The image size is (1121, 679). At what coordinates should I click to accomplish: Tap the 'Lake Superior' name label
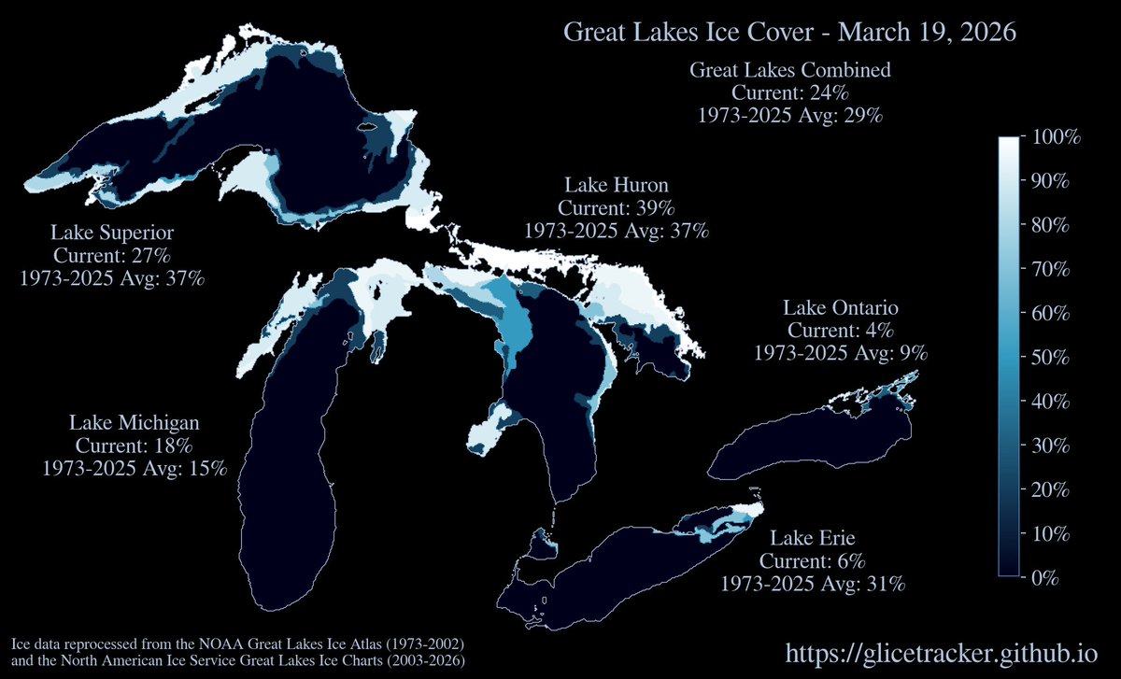pyautogui.click(x=112, y=232)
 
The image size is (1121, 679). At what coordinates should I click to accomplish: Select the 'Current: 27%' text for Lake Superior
pyautogui.click(x=112, y=255)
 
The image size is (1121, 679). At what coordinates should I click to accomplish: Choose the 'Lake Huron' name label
pyautogui.click(x=617, y=184)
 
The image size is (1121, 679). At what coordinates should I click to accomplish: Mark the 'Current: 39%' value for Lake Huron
pyautogui.click(x=617, y=207)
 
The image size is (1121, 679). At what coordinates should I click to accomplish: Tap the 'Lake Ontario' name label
pyautogui.click(x=841, y=307)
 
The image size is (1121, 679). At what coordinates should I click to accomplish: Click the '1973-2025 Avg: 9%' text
pyautogui.click(x=841, y=353)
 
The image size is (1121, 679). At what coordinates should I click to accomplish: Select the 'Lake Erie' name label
pyautogui.click(x=813, y=538)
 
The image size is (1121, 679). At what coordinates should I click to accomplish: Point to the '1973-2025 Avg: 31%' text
pyautogui.click(x=813, y=584)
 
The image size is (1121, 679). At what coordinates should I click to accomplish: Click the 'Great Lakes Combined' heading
pyautogui.click(x=790, y=70)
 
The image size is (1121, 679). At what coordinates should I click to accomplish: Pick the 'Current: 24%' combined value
pyautogui.click(x=790, y=93)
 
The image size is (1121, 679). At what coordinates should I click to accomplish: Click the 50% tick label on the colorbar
pyautogui.click(x=1052, y=358)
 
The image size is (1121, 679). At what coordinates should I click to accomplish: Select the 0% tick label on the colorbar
pyautogui.click(x=1044, y=578)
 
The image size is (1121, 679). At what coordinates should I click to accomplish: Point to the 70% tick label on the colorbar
pyautogui.click(x=1052, y=270)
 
